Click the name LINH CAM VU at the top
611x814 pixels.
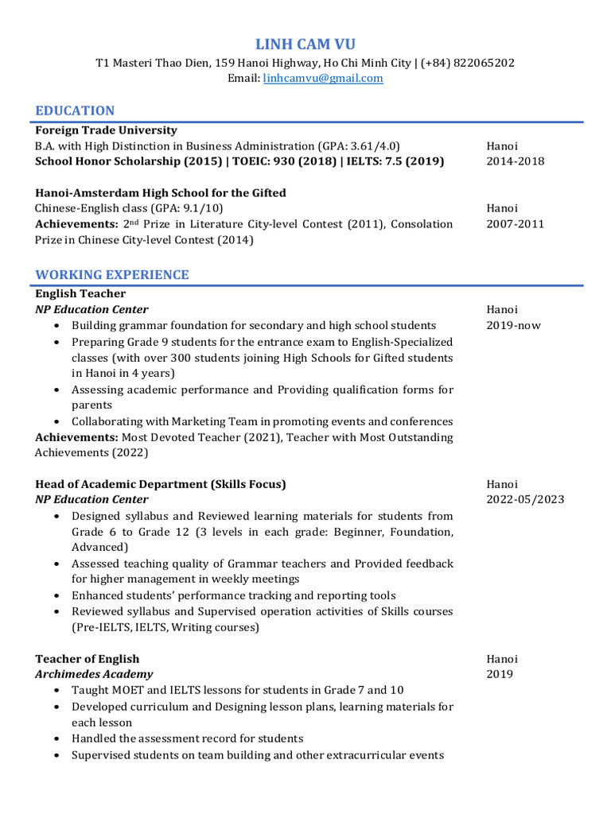pyautogui.click(x=305, y=44)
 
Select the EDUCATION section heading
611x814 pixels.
pyautogui.click(x=75, y=110)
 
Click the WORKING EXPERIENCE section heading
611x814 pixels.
pyautogui.click(x=112, y=275)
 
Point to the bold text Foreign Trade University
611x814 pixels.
pyautogui.click(x=106, y=130)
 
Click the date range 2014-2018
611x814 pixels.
pyautogui.click(x=515, y=161)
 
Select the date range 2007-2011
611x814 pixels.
pyautogui.click(x=515, y=224)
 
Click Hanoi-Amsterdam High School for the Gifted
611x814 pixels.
pyautogui.click(x=161, y=193)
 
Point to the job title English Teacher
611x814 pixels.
pyautogui.click(x=80, y=294)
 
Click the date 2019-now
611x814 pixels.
pyautogui.click(x=513, y=325)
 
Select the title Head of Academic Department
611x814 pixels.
pyautogui.click(x=122, y=484)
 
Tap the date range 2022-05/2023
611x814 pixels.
pyautogui.click(x=525, y=500)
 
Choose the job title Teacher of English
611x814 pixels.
pyautogui.click(x=88, y=659)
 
